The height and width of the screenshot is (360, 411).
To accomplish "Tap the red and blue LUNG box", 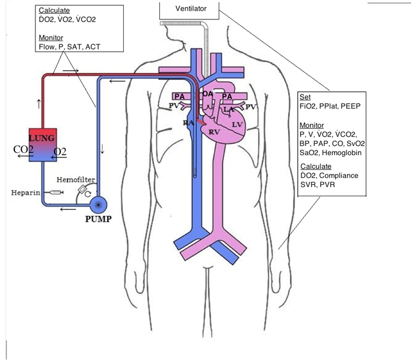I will pyautogui.click(x=42, y=145).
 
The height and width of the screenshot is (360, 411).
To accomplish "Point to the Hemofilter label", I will pyautogui.click(x=79, y=179).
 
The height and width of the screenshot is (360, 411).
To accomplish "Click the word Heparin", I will pyautogui.click(x=25, y=193).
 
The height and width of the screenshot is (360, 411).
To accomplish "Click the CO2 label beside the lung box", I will pyautogui.click(x=23, y=150).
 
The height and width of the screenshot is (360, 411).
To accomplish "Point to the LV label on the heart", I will pyautogui.click(x=237, y=123).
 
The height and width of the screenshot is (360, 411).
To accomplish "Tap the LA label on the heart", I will pyautogui.click(x=229, y=108).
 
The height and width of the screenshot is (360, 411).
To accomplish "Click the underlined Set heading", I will pyautogui.click(x=305, y=98).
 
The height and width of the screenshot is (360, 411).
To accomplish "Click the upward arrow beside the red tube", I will pyautogui.click(x=38, y=103).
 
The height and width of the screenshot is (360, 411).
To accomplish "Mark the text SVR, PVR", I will pyautogui.click(x=317, y=185).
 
